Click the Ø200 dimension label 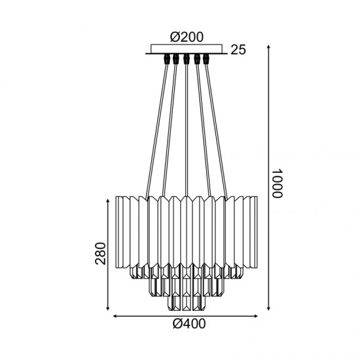pos(187,37)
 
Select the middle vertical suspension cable pos(187,131)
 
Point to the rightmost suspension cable pos(217,131)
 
